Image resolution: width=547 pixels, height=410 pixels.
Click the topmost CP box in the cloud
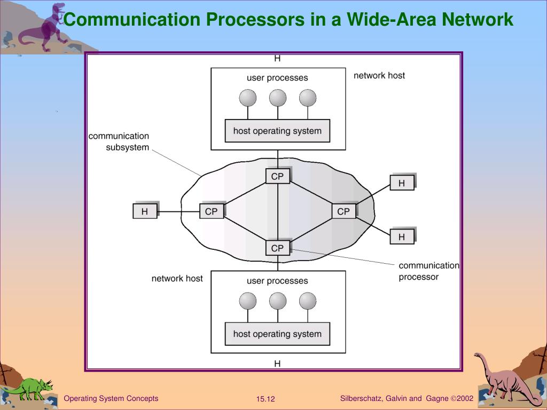(278, 176)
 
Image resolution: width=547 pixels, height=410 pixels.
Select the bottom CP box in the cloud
(278, 248)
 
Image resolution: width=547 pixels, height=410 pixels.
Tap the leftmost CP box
(212, 211)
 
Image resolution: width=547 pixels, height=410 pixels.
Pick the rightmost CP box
(343, 211)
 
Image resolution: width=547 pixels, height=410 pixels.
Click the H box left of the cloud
(145, 211)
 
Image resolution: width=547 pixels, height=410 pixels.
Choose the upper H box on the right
(402, 183)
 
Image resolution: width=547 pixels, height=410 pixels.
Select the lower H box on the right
(402, 236)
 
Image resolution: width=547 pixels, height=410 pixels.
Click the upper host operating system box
(277, 131)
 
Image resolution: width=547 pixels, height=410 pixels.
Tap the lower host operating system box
(277, 334)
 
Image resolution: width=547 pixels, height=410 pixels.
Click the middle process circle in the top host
(278, 98)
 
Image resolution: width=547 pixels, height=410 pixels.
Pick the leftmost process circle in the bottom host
(248, 301)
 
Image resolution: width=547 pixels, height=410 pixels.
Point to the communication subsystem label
(119, 141)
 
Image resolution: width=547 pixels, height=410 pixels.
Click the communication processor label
(429, 271)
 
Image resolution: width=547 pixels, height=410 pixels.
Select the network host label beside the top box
(379, 75)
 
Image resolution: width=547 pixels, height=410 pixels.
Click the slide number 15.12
(265, 399)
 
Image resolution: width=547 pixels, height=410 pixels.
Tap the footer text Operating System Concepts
(111, 398)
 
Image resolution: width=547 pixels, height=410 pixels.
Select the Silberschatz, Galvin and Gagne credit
(407, 398)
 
